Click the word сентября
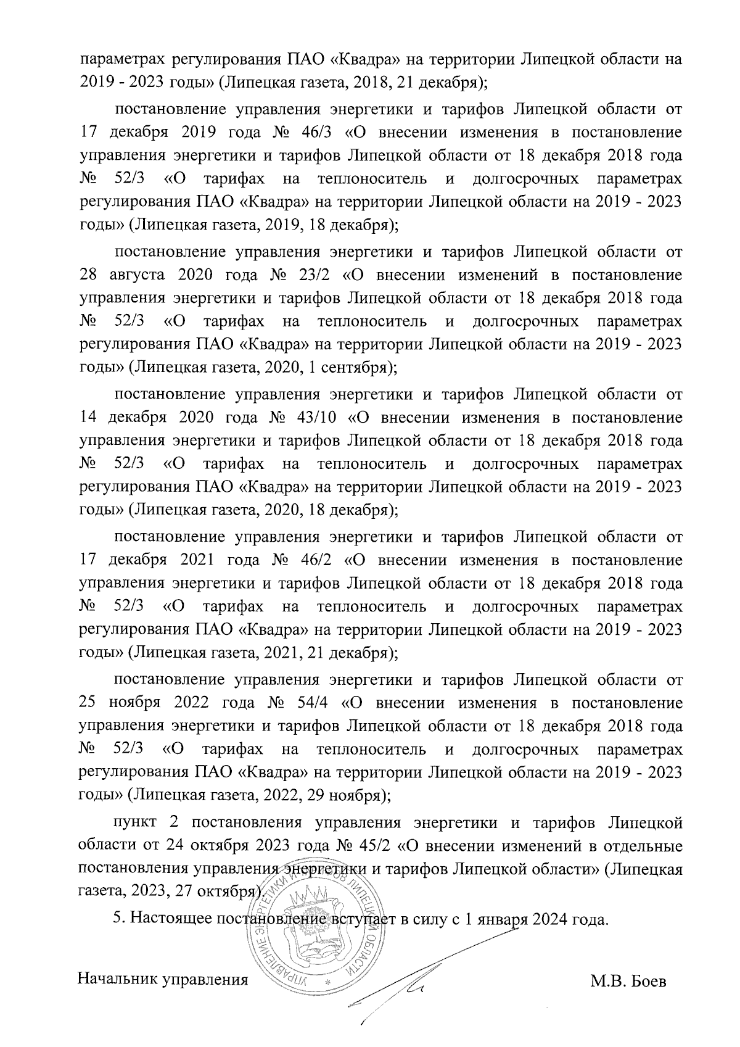tap(353, 368)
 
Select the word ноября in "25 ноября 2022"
tap(134, 703)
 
